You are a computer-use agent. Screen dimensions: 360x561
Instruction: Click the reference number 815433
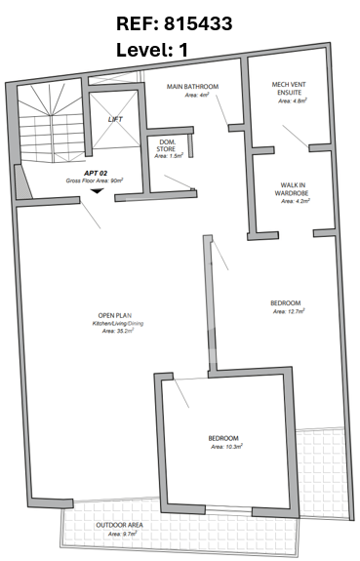click(x=198, y=24)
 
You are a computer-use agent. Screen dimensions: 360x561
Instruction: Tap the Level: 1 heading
click(x=152, y=50)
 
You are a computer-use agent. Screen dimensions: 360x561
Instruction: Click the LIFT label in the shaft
click(x=115, y=119)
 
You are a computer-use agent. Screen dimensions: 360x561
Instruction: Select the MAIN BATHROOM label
click(x=192, y=87)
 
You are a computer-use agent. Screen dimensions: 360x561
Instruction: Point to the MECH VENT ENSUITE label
click(x=289, y=89)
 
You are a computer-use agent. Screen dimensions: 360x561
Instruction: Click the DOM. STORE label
click(x=166, y=145)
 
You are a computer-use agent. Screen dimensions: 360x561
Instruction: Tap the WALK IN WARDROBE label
click(x=292, y=189)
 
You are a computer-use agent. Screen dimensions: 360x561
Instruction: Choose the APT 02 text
click(x=96, y=173)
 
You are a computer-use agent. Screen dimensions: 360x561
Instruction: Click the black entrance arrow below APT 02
click(x=97, y=191)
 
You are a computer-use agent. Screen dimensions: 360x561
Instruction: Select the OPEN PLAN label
click(x=114, y=315)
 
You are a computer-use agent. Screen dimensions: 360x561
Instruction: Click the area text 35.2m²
click(x=118, y=331)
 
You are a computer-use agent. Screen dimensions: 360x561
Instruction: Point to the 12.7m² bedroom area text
click(x=289, y=311)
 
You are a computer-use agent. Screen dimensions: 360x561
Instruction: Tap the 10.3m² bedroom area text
click(x=227, y=447)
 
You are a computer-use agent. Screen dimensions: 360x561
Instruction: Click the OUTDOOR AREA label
click(x=120, y=525)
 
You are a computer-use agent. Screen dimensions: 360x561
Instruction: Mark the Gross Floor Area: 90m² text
click(x=95, y=181)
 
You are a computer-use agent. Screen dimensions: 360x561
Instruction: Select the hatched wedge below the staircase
click(x=22, y=181)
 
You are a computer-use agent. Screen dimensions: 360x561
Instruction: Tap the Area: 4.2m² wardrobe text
click(x=296, y=201)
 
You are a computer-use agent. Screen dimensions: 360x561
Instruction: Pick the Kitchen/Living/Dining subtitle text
click(x=118, y=324)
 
